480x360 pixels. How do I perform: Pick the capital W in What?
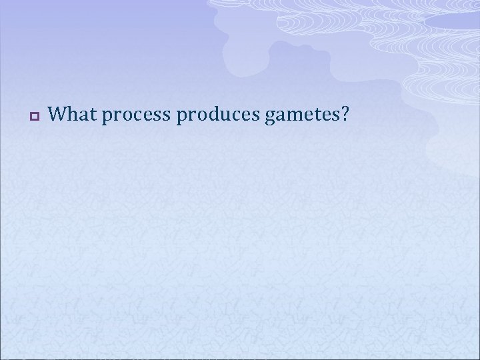(57, 115)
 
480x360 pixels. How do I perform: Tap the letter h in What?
(69, 115)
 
